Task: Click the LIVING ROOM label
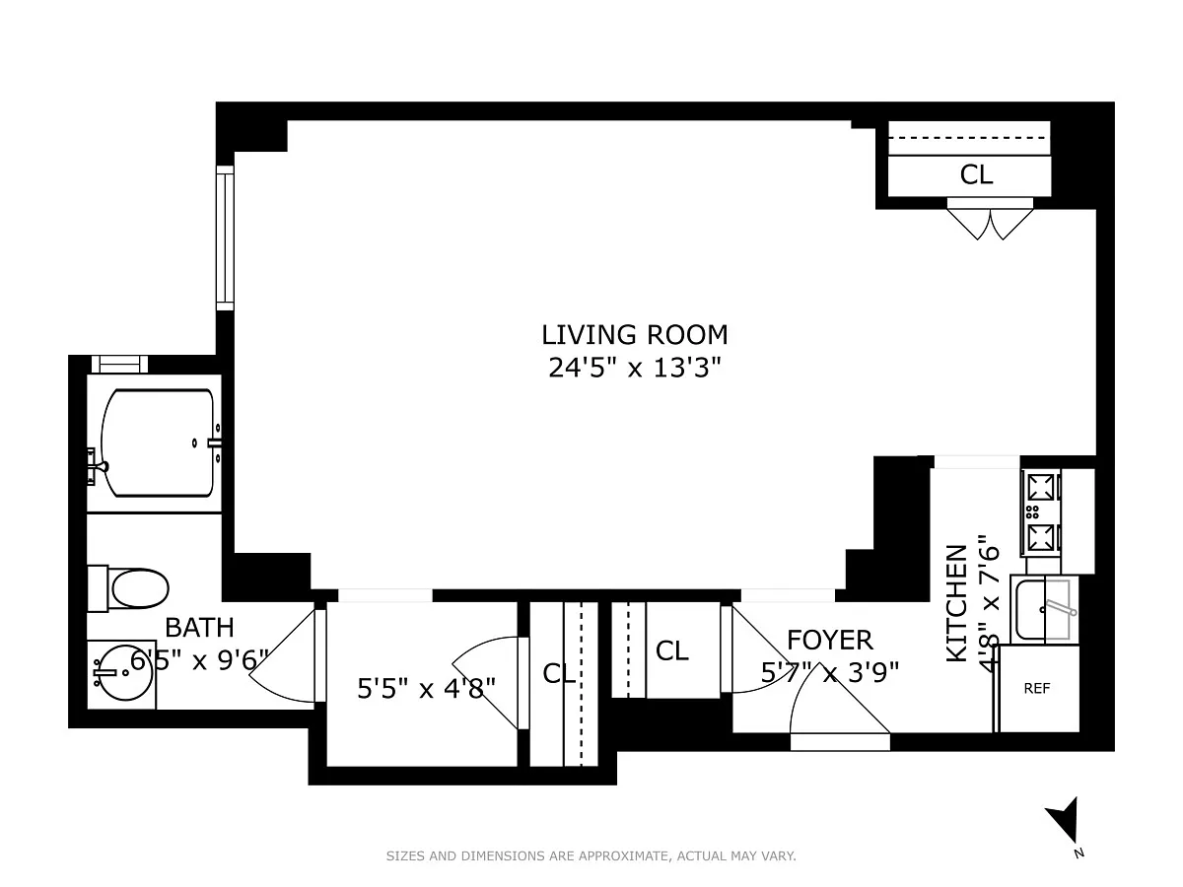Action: pyautogui.click(x=634, y=335)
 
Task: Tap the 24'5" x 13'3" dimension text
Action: pyautogui.click(x=634, y=369)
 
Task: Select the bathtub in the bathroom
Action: pyautogui.click(x=158, y=443)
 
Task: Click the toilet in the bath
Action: pyautogui.click(x=128, y=588)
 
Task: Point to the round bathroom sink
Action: pyautogui.click(x=122, y=674)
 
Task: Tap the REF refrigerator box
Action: pyautogui.click(x=1036, y=688)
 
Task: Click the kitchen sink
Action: pyautogui.click(x=1044, y=609)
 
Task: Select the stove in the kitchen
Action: pyautogui.click(x=1041, y=512)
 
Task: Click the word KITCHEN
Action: pyautogui.click(x=956, y=604)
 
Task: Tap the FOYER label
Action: pyautogui.click(x=829, y=641)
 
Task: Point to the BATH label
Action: pyautogui.click(x=199, y=628)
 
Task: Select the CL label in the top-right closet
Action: pyautogui.click(x=976, y=174)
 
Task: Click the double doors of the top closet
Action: pyautogui.click(x=990, y=219)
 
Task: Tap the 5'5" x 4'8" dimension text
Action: pyautogui.click(x=426, y=688)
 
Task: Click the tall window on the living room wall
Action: pyautogui.click(x=225, y=239)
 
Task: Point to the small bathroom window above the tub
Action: pyautogui.click(x=119, y=364)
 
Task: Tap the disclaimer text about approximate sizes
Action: pyautogui.click(x=591, y=855)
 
